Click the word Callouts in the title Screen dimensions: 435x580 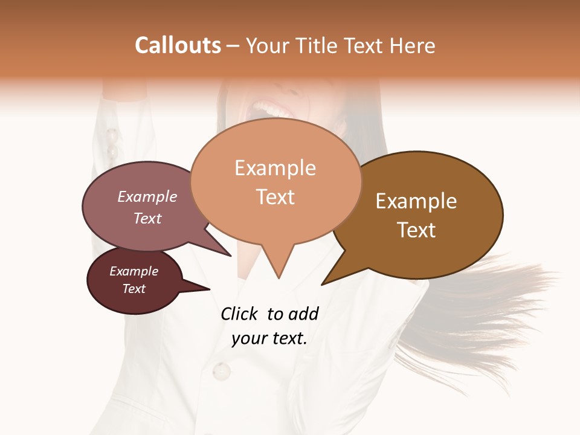(178, 45)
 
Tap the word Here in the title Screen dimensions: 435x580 (413, 45)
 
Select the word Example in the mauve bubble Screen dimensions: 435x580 (147, 196)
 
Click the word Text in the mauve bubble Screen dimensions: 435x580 (147, 218)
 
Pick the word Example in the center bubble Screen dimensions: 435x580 (275, 168)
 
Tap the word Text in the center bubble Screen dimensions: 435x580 (275, 197)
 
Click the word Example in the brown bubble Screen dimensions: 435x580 (416, 201)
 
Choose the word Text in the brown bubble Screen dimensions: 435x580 (416, 230)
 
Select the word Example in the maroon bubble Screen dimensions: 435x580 (134, 271)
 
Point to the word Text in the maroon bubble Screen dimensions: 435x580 (134, 289)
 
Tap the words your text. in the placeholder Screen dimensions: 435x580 (269, 338)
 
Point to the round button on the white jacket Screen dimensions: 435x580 (222, 370)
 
